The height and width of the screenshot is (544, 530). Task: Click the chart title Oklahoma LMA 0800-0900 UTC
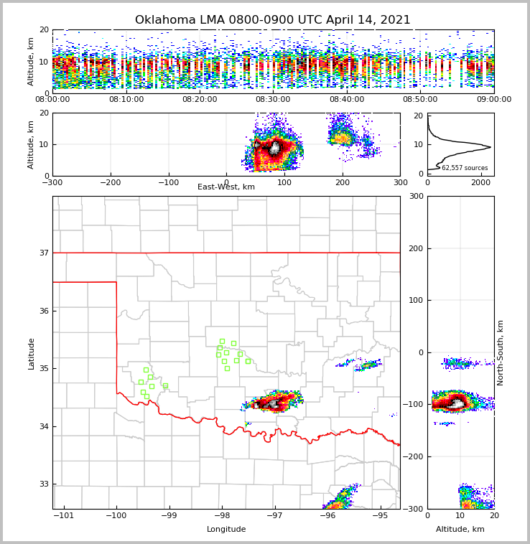click(273, 20)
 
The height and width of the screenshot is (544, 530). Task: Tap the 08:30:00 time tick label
click(273, 100)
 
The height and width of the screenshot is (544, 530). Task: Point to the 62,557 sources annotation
click(465, 168)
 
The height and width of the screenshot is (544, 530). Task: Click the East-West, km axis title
click(226, 187)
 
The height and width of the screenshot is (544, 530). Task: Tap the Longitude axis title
click(226, 529)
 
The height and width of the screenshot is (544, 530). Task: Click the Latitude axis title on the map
click(31, 353)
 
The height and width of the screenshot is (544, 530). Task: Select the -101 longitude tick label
click(64, 517)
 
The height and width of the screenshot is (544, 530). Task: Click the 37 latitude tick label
click(45, 253)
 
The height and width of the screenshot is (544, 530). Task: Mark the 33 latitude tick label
click(45, 484)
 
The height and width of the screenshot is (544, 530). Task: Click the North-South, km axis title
click(501, 352)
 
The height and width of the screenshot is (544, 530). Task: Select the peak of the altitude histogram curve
click(491, 148)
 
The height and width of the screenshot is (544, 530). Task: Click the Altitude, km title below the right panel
click(460, 529)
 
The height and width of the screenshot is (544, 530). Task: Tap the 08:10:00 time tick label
click(126, 100)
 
